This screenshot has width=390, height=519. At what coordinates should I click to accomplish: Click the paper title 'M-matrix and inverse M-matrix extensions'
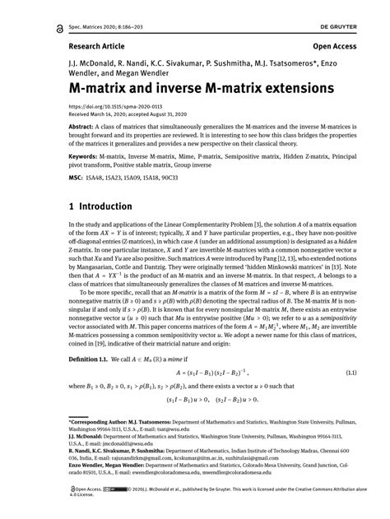[x=196, y=86]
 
